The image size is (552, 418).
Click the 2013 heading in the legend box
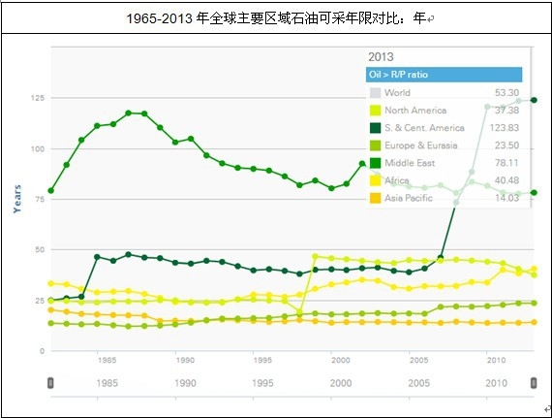[381, 56]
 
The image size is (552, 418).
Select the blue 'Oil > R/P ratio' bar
[445, 75]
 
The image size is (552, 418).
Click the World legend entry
[397, 93]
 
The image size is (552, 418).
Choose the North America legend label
[415, 111]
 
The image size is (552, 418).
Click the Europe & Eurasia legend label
[422, 145]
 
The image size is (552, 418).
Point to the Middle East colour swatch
[374, 163]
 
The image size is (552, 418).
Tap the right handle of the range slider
[533, 384]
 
